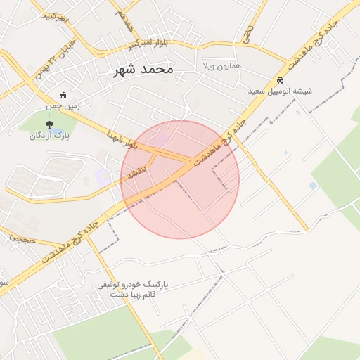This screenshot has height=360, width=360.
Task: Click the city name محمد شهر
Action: pyautogui.click(x=141, y=70)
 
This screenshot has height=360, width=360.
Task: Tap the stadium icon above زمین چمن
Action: pyautogui.click(x=63, y=96)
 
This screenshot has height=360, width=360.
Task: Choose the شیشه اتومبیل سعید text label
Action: pyautogui.click(x=280, y=91)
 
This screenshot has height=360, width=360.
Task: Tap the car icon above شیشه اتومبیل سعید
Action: pyautogui.click(x=280, y=80)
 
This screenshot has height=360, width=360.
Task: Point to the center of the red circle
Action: pyautogui.click(x=181, y=179)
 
